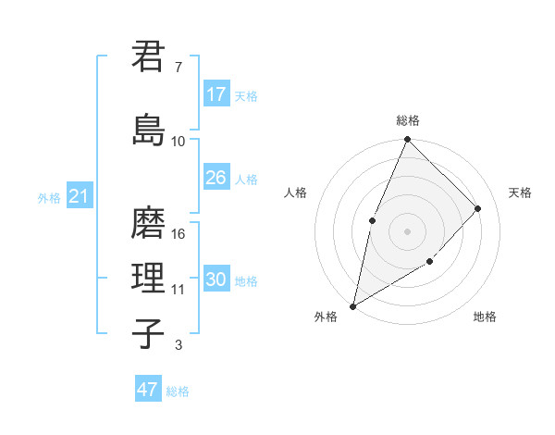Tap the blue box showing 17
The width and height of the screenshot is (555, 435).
[216, 94]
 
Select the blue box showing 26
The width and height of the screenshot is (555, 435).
[216, 178]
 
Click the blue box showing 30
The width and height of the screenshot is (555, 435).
[216, 280]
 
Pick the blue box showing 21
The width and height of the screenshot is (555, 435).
[79, 196]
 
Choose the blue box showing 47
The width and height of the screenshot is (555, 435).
[148, 390]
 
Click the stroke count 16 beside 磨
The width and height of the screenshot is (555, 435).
[179, 234]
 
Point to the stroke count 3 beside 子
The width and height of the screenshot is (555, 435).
[179, 346]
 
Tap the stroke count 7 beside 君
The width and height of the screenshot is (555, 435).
[179, 68]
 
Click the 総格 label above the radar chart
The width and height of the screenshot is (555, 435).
[408, 120]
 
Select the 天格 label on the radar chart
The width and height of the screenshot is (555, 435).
[520, 193]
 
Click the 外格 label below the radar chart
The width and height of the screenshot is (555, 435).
[326, 317]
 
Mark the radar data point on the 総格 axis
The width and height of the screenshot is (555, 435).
[408, 140]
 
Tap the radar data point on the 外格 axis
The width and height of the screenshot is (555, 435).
[353, 305]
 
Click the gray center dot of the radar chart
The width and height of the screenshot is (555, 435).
[407, 231]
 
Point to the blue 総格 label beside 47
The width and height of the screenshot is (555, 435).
[178, 391]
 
